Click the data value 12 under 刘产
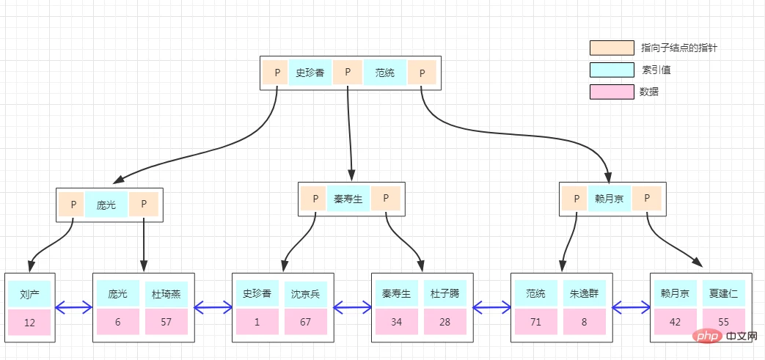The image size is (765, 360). [29, 323]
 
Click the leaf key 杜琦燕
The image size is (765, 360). [166, 294]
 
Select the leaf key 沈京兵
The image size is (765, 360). [305, 294]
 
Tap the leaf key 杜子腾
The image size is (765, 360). [444, 294]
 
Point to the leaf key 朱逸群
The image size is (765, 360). [585, 294]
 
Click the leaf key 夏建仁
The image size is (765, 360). [723, 294]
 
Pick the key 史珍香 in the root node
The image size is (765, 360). [310, 73]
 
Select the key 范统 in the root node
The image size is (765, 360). [385, 73]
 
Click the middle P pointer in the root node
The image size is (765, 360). [348, 73]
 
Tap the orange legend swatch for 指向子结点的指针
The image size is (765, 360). [612, 48]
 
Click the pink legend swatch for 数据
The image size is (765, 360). [612, 92]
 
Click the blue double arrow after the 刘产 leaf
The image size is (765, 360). [73, 307]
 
